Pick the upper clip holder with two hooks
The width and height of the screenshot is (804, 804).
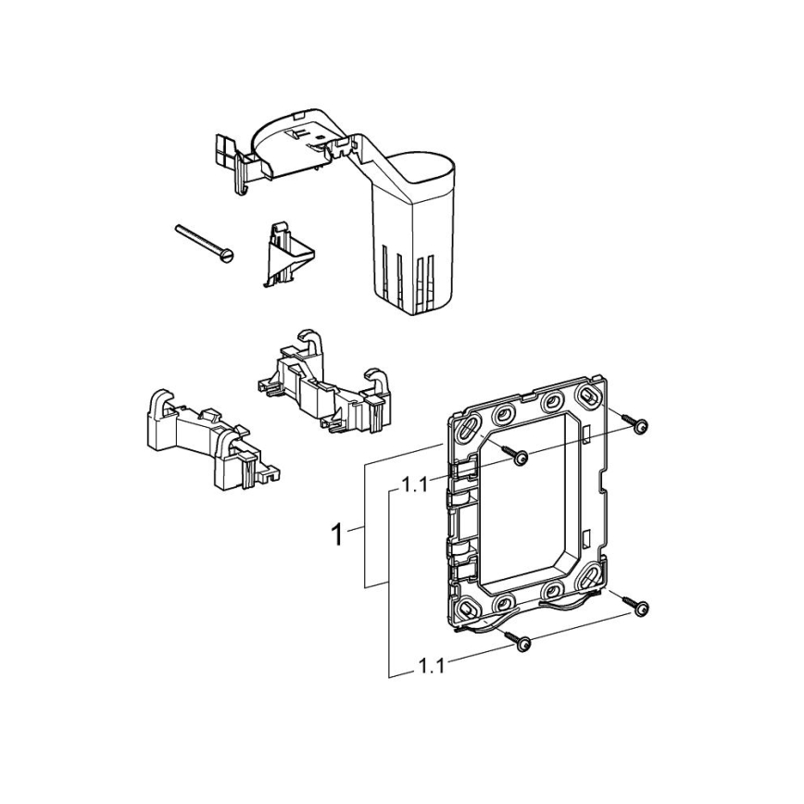pyautogui.click(x=325, y=380)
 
